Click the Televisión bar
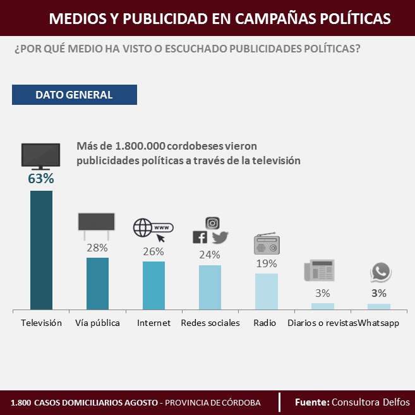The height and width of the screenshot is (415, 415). coord(41,250)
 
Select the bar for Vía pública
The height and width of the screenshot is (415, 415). coord(97,283)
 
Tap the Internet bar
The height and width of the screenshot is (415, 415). coord(153,285)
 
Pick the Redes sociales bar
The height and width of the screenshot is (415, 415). coord(210,287)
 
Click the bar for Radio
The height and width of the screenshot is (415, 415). coord(266,291)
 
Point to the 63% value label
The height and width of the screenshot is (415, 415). coord(41,179)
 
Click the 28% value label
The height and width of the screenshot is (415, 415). coord(97,248)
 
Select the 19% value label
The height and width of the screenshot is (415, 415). coord(266,263)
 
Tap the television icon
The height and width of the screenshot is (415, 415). coord(41,155)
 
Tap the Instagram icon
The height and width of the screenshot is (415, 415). coord(213,222)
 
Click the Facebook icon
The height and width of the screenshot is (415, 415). coord(200,238)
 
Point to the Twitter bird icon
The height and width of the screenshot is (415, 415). coord(220,238)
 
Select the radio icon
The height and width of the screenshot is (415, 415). coord(266,244)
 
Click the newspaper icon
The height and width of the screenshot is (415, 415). coord(319,270)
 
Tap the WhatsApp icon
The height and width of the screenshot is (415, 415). coord(380,272)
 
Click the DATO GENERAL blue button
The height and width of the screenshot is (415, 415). coord(74,95)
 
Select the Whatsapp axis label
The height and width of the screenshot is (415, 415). coord(379,323)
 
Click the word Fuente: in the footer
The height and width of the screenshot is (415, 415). coord(312,402)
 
